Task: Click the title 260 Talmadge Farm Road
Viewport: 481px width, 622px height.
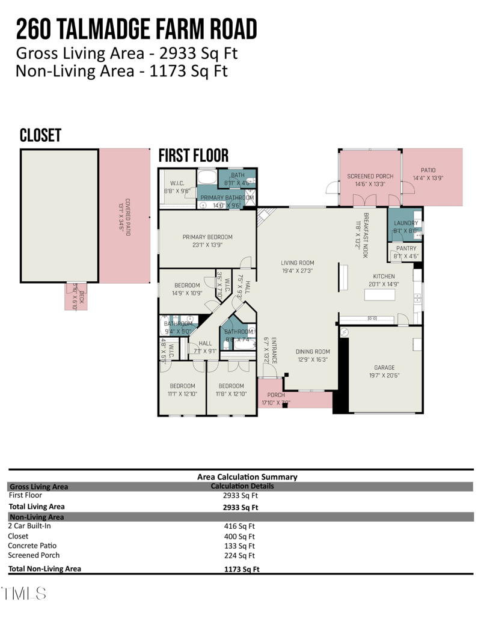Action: (136, 29)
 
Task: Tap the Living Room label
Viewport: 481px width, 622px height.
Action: (297, 266)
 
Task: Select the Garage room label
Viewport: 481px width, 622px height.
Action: (384, 371)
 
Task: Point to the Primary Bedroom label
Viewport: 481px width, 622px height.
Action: (207, 241)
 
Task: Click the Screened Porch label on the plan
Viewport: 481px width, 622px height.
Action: (369, 180)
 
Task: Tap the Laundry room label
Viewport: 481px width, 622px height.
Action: (406, 227)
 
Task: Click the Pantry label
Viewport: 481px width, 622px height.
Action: (406, 251)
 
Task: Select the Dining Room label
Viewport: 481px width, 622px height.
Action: (313, 355)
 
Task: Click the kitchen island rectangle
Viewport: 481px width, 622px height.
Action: (379, 295)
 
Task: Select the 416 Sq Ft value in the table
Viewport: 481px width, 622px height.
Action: (239, 525)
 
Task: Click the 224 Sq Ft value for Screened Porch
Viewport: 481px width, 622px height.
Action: (239, 556)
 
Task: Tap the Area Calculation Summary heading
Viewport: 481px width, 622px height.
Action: (247, 477)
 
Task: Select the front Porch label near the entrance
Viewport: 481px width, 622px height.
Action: (275, 398)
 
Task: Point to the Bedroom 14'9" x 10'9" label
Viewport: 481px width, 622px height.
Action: (187, 289)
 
